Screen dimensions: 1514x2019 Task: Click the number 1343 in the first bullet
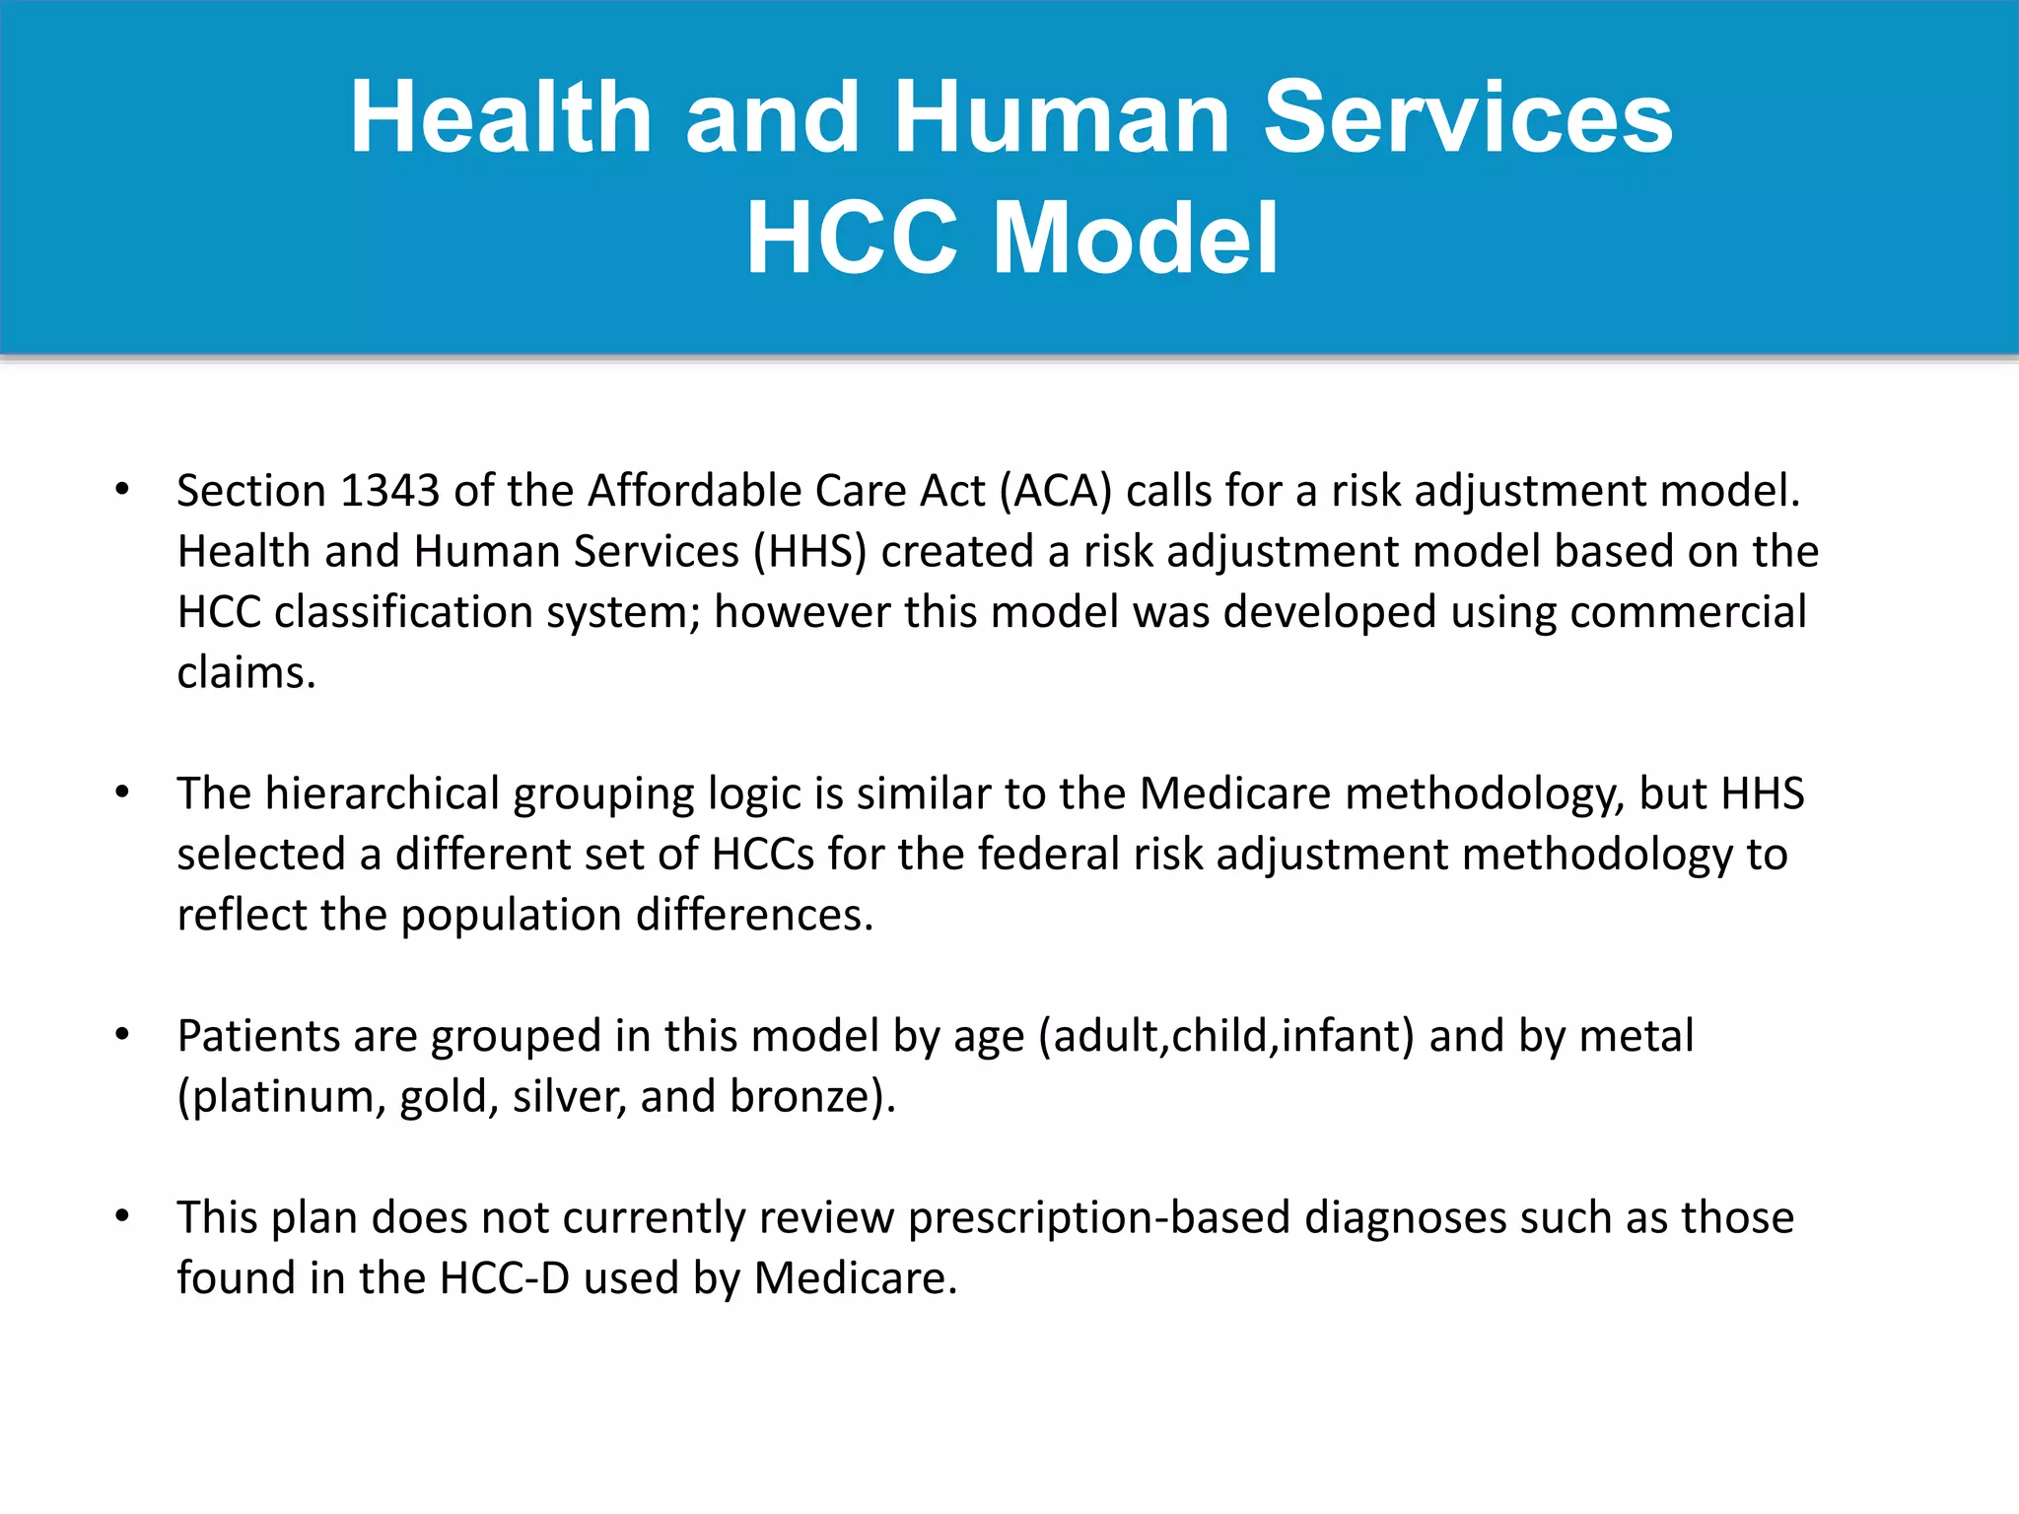click(389, 491)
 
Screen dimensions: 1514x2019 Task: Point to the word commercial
click(1688, 612)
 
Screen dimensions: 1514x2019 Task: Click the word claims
click(245, 673)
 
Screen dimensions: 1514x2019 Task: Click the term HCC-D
click(504, 1278)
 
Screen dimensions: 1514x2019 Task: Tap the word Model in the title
click(1136, 238)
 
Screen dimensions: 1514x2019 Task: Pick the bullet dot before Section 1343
click(122, 490)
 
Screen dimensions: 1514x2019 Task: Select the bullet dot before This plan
click(122, 1216)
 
